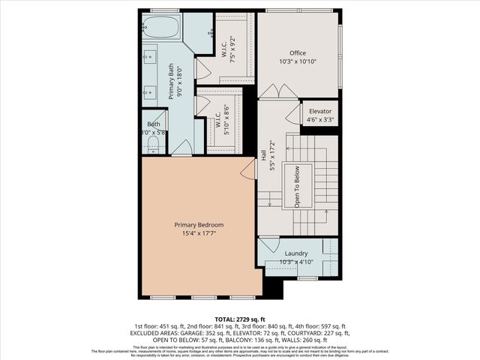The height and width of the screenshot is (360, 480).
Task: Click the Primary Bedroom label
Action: pyautogui.click(x=199, y=225)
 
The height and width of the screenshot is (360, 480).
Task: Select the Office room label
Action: pyautogui.click(x=298, y=52)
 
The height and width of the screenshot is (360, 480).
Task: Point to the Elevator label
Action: pyautogui.click(x=320, y=111)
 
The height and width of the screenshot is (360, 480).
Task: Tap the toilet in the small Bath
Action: pyautogui.click(x=153, y=142)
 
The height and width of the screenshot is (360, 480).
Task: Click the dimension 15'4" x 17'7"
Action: pyautogui.click(x=199, y=234)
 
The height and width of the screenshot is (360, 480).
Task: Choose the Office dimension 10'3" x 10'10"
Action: pyautogui.click(x=298, y=61)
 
